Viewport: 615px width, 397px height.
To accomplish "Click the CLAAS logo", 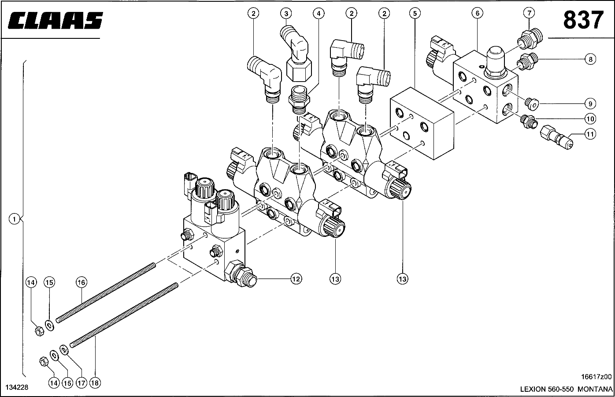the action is pos(56,20).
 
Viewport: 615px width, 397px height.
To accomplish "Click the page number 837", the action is pos(583,20).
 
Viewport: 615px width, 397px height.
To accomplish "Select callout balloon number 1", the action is pos(14,219).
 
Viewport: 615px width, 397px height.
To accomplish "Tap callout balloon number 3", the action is pos(286,13).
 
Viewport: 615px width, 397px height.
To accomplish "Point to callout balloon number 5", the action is pos(415,13).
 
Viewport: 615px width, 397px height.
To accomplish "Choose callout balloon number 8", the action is pos(590,59).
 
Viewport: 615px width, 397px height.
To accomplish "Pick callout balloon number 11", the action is pos(590,134).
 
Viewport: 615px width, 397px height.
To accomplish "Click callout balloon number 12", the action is pos(296,279).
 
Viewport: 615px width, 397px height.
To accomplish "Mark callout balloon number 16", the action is pos(81,282).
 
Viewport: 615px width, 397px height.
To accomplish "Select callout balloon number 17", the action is pos(81,383).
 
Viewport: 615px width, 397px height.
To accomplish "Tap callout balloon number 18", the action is pos(95,383).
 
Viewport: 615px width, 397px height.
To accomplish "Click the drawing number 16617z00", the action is pos(596,377).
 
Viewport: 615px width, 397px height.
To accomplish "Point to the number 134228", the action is pos(17,387).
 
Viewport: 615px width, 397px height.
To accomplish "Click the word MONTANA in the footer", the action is pos(595,390).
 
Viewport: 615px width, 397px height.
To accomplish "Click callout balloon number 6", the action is pos(478,13).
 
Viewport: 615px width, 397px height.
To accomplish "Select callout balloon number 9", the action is pos(590,104).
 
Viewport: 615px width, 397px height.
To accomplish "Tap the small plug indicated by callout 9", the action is pos(532,104).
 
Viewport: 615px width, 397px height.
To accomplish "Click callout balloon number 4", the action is pos(319,13).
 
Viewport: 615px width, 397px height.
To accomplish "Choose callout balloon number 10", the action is pos(590,119).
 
